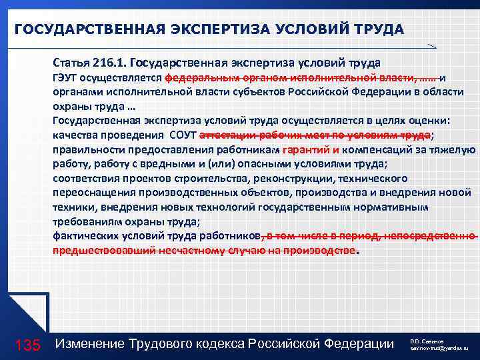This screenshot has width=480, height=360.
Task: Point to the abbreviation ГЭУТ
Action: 65,77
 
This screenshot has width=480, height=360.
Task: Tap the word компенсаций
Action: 384,150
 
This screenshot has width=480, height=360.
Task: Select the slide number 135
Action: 28,345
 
